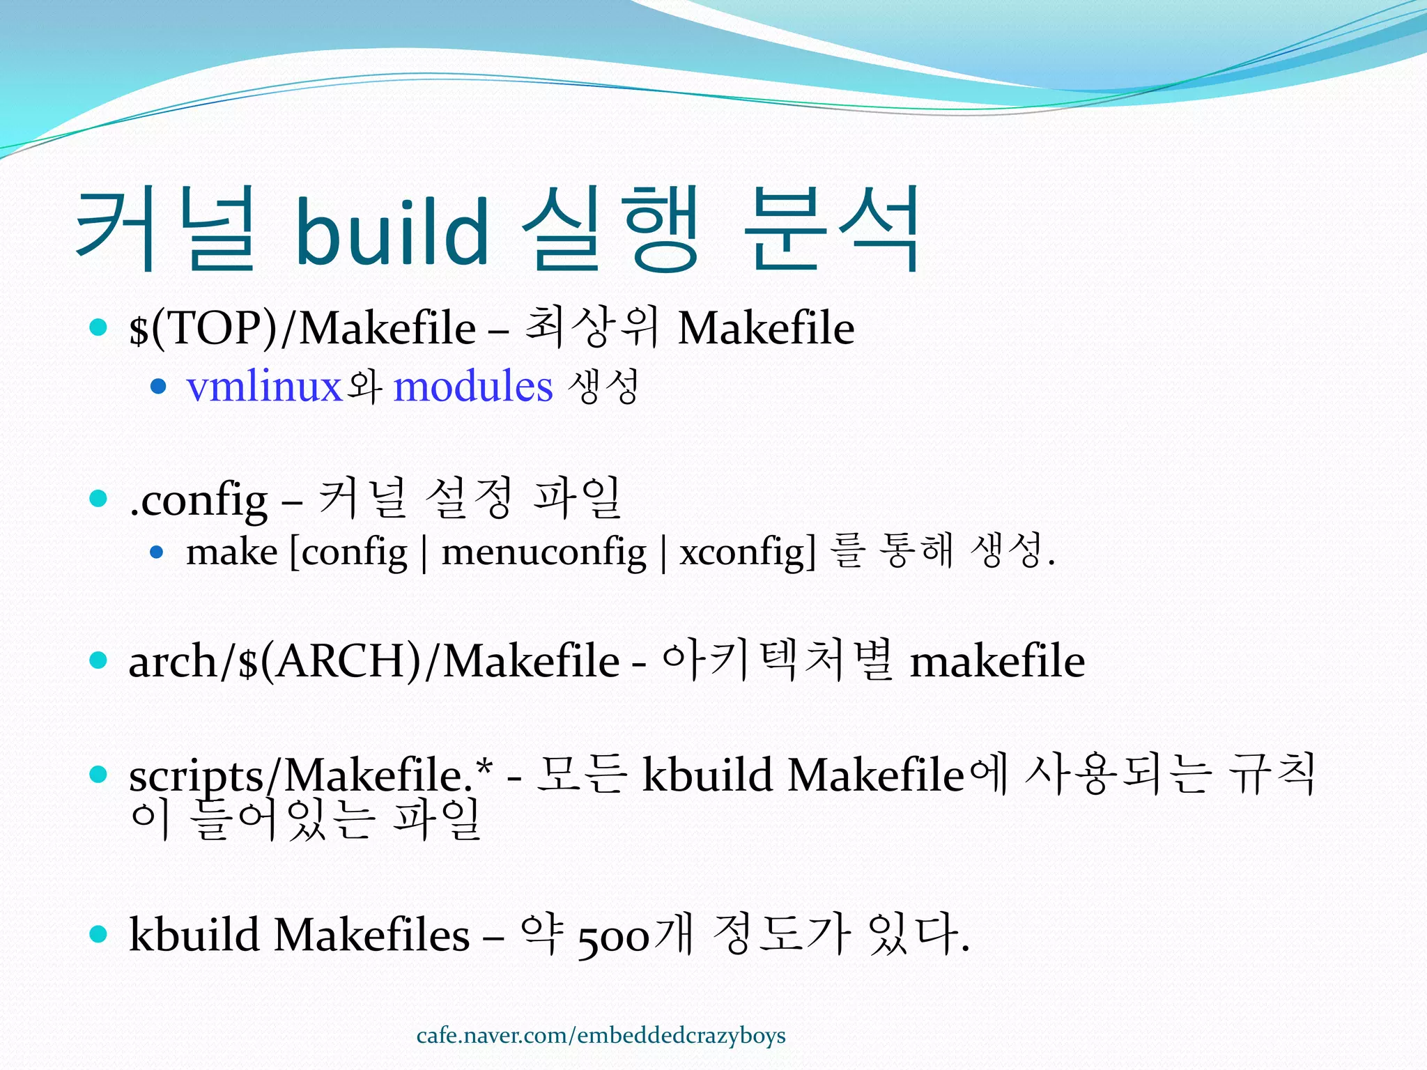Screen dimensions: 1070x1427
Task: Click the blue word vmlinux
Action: pos(264,387)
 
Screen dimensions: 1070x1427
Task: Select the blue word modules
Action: pos(473,387)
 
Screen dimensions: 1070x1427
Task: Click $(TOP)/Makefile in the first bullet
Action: pos(302,328)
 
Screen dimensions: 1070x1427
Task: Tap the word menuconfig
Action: pos(544,552)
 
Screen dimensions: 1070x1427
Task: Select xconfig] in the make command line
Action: pos(748,552)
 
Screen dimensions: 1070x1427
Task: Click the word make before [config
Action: pos(232,552)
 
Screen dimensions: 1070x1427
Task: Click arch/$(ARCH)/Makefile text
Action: pos(374,661)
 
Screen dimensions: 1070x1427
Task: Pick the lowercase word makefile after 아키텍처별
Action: pos(997,661)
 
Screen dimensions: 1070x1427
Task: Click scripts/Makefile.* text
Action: pos(311,775)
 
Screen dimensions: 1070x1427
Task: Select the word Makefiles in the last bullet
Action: pos(371,935)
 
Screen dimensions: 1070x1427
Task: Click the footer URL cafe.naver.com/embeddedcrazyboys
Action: pos(601,1036)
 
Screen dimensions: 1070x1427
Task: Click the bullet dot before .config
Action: pos(98,499)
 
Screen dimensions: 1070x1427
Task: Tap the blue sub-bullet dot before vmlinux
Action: pos(159,387)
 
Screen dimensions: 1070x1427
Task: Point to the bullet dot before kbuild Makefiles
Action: pos(98,934)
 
